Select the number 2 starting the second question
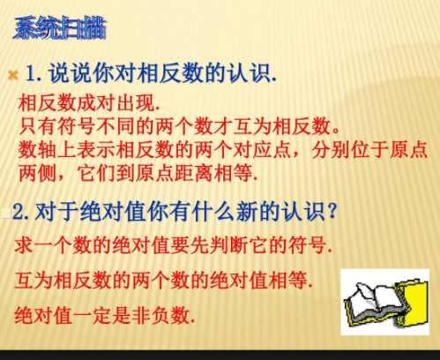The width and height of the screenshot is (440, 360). [19, 214]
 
